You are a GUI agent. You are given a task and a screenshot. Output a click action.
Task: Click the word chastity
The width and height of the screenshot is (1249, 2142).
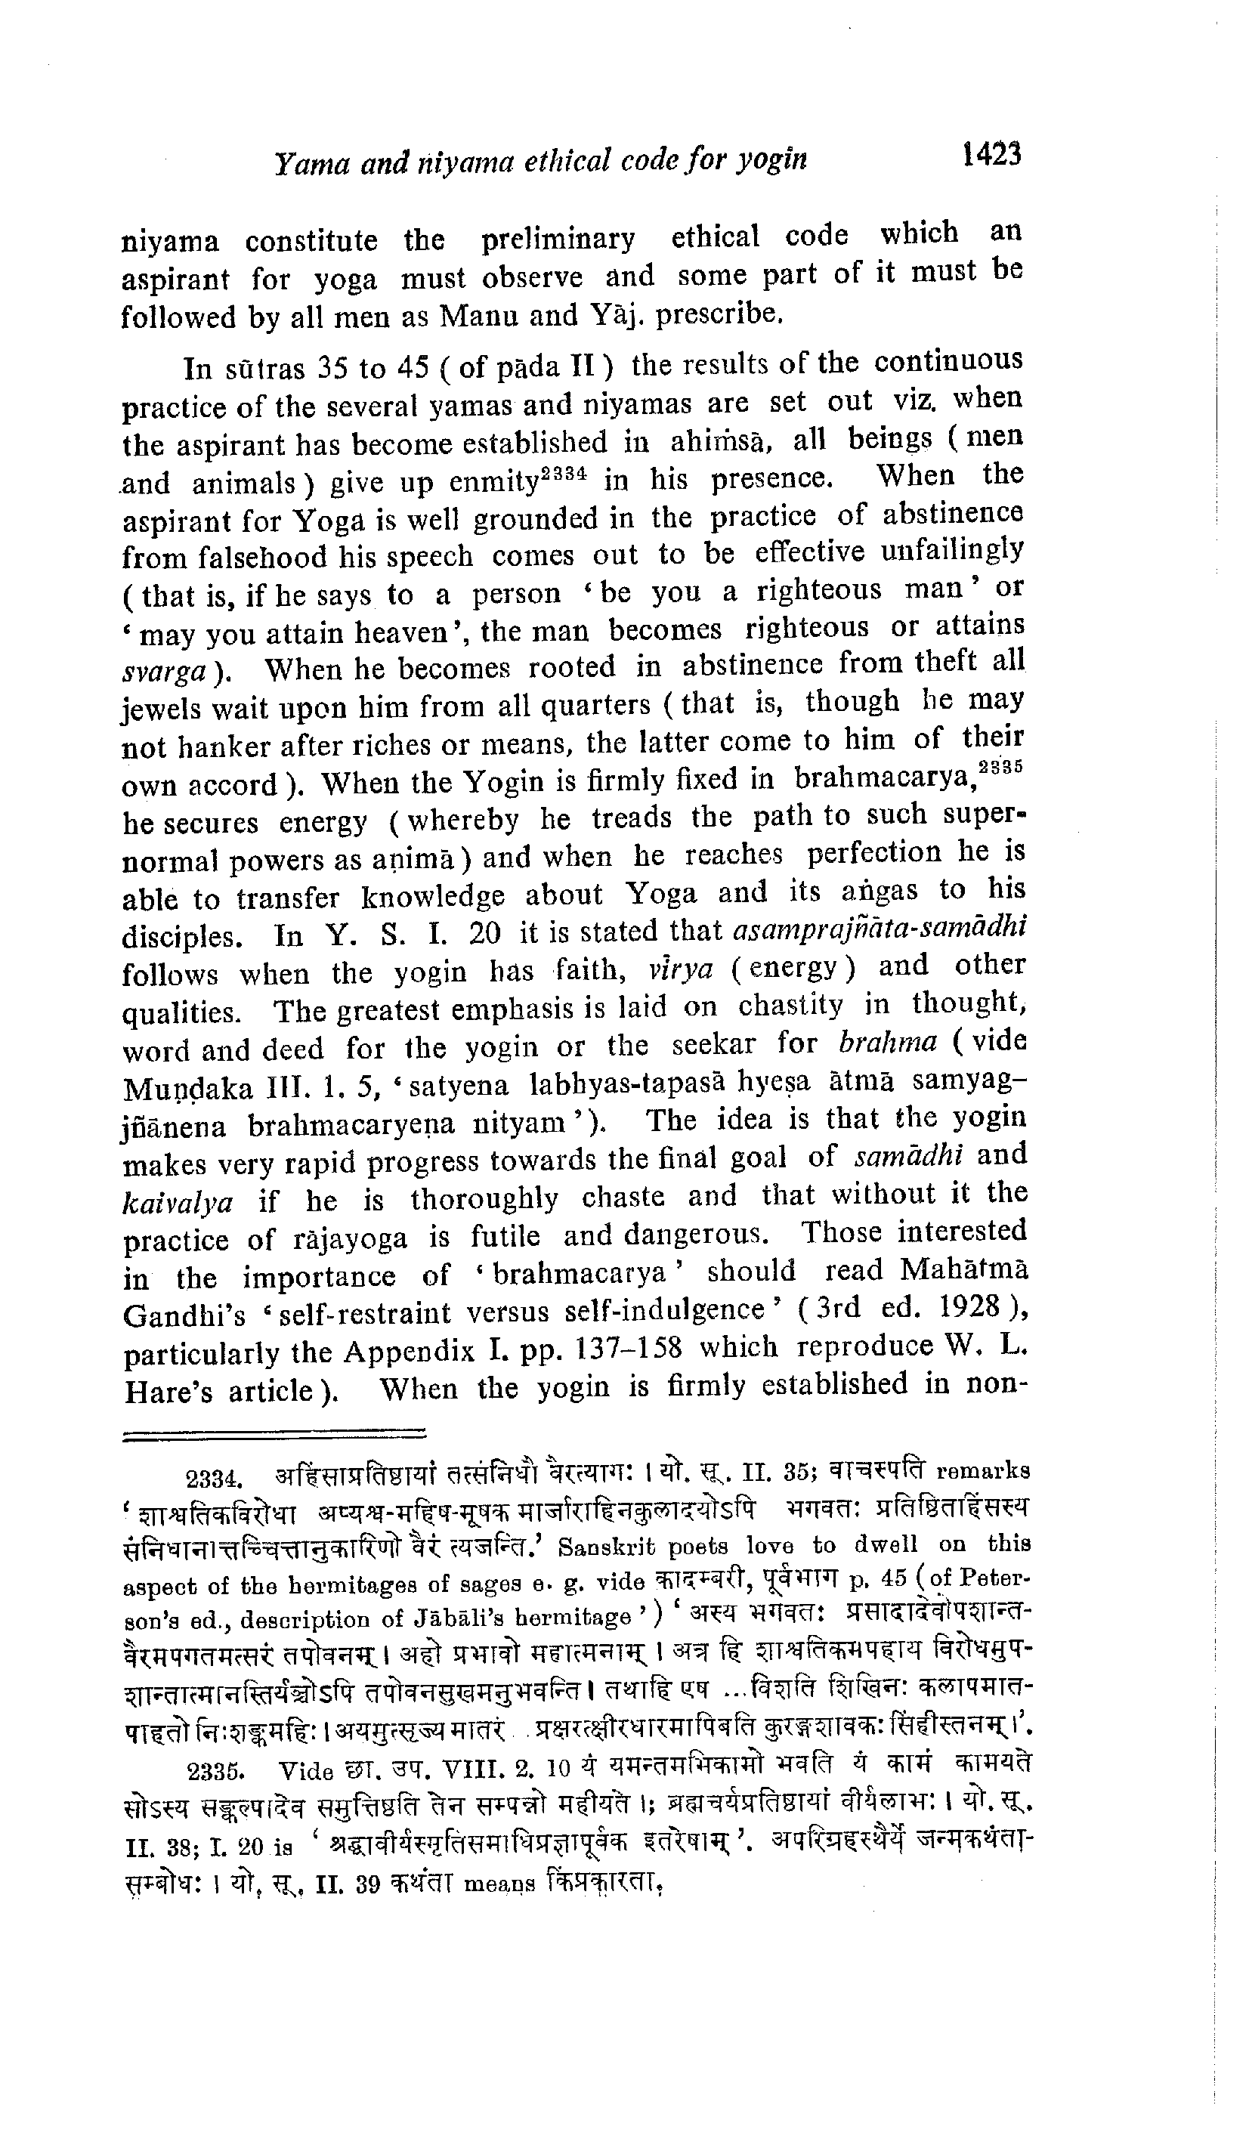click(790, 1006)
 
